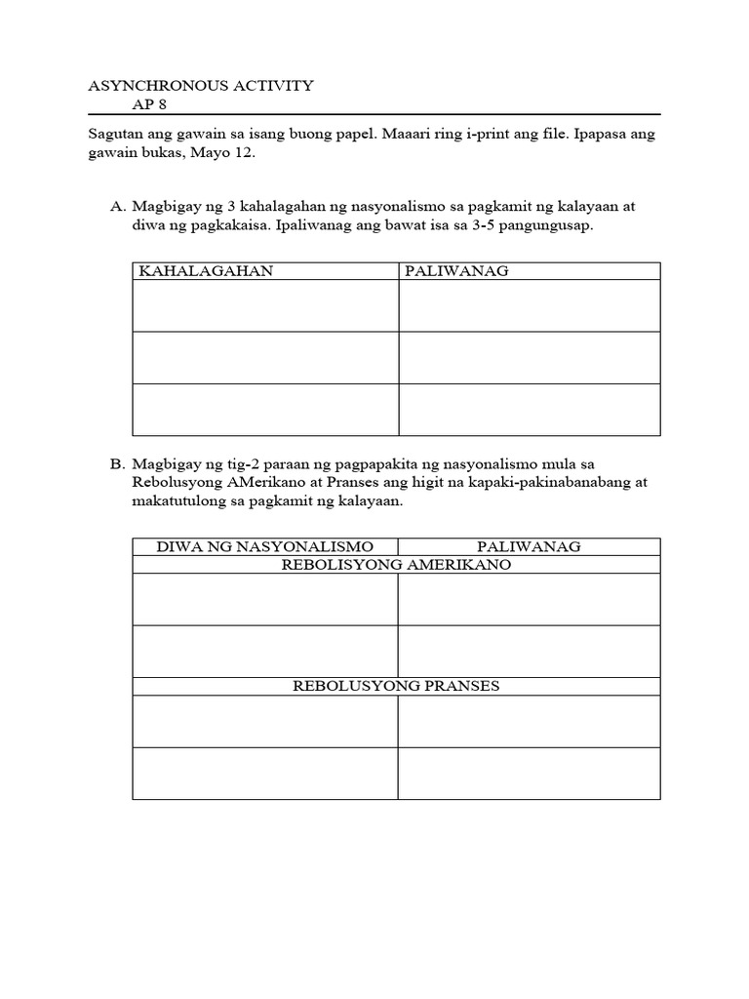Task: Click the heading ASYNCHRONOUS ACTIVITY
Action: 201,85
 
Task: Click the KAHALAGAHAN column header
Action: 206,271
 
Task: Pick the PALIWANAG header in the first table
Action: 456,271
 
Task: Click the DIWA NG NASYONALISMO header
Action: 264,546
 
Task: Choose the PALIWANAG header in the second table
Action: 529,546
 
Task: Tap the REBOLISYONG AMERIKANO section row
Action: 396,565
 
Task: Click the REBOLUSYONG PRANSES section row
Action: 396,686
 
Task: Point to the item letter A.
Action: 118,207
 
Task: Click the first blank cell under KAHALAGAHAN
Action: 264,306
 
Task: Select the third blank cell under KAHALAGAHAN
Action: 264,410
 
